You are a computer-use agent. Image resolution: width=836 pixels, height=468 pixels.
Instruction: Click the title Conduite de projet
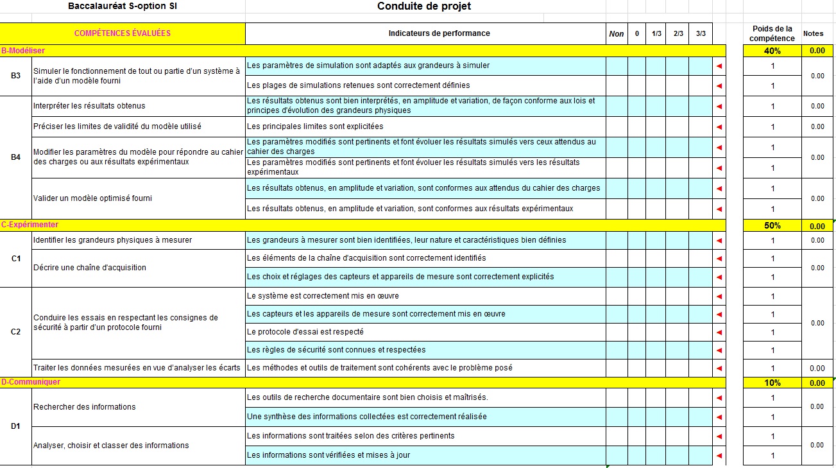[x=424, y=6]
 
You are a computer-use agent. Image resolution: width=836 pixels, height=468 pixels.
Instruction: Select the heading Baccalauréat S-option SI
[x=122, y=6]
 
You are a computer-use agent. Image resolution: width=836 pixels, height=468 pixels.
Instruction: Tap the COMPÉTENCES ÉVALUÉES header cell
[x=123, y=33]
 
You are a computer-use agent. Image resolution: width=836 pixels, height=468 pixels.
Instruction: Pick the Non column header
[x=616, y=34]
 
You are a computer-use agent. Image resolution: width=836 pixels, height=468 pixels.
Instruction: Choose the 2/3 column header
[x=678, y=34]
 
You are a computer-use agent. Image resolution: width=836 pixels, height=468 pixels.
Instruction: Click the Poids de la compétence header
[x=772, y=33]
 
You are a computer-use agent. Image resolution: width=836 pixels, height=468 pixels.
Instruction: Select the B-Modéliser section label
[x=23, y=50]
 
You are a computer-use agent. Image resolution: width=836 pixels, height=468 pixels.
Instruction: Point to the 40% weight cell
[x=772, y=51]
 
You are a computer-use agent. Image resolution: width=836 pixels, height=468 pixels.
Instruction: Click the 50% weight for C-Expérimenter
[x=772, y=226]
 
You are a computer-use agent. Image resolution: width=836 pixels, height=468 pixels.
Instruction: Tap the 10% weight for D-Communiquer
[x=772, y=383]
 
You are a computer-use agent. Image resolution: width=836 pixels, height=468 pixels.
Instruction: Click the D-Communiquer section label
[x=31, y=382]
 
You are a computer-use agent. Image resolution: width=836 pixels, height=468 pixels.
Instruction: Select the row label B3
[x=16, y=76]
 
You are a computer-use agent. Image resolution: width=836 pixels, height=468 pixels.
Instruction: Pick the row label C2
[x=16, y=332]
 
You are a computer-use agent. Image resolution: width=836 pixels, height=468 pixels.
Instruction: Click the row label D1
[x=16, y=426]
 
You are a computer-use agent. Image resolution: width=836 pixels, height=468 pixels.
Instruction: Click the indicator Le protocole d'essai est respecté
[x=305, y=332]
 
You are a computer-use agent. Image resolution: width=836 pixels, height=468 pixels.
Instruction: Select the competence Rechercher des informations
[x=85, y=406]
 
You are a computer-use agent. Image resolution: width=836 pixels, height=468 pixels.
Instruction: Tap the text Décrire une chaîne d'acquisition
[x=90, y=268]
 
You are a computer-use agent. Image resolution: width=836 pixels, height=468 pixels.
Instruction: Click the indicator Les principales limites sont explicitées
[x=315, y=126]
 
